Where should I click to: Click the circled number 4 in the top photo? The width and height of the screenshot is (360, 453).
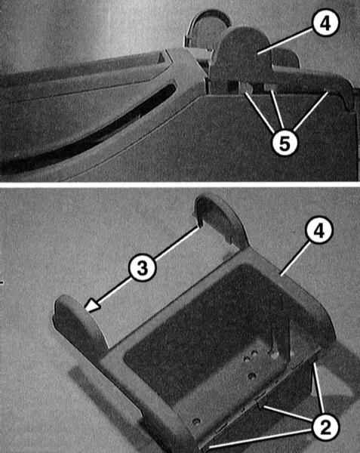tap(325, 23)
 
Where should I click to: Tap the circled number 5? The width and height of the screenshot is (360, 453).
tap(285, 143)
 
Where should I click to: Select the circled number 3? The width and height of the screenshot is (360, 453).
tap(143, 267)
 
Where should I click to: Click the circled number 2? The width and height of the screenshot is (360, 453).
tap(325, 427)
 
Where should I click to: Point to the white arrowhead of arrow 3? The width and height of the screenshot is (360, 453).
tap(92, 306)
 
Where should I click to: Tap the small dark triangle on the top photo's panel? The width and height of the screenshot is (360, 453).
tap(161, 58)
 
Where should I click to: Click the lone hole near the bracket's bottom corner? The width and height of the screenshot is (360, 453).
tap(196, 422)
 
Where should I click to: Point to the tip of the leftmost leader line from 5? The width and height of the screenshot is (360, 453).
tap(245, 92)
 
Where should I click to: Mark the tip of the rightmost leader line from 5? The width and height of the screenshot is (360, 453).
tap(328, 92)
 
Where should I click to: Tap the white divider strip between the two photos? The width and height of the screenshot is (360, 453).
tap(180, 184)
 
